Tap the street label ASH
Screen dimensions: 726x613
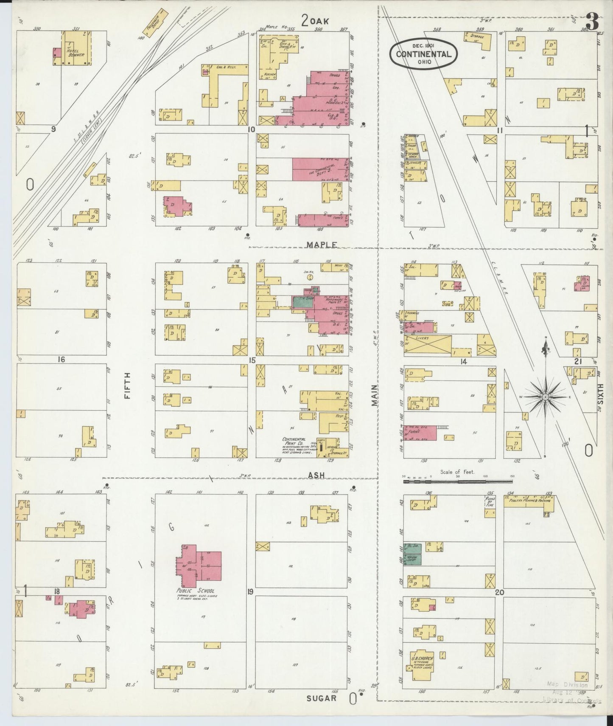click(x=316, y=476)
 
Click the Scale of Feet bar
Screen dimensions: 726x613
click(x=458, y=481)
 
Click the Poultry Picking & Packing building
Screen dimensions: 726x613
click(x=528, y=501)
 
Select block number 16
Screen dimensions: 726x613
click(x=62, y=360)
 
